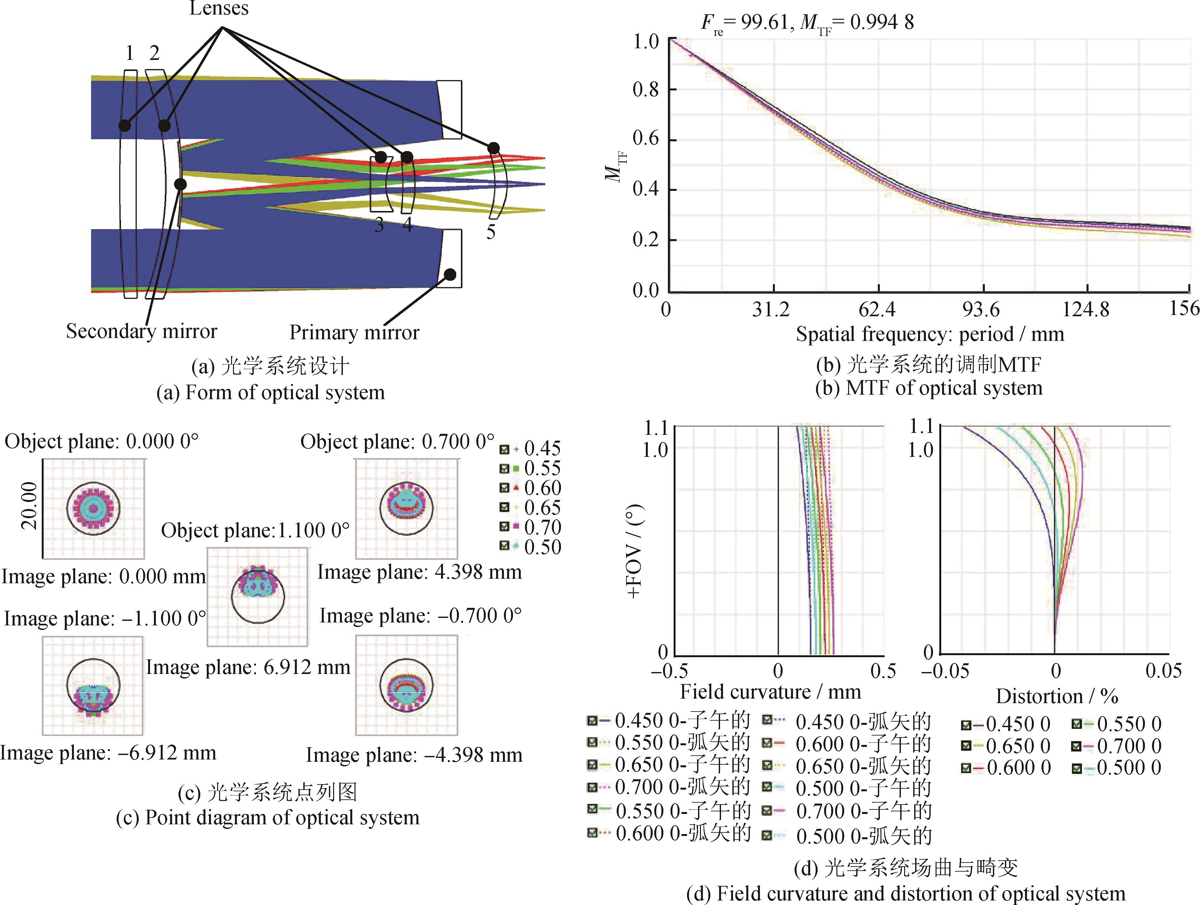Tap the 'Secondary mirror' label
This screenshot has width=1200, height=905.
tap(142, 331)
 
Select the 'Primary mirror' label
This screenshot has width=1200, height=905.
tap(354, 332)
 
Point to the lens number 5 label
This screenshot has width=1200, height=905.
tap(490, 232)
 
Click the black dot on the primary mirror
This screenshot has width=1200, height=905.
tap(450, 274)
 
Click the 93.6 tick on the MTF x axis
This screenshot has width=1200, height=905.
tap(981, 309)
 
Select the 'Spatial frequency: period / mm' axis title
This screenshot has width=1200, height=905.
tap(930, 334)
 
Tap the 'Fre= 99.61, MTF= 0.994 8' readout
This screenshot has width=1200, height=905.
tap(807, 23)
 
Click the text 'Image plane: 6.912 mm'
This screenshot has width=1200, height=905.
tap(248, 667)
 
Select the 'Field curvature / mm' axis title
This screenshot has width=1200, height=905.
tap(770, 692)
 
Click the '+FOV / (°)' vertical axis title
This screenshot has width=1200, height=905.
tap(635, 551)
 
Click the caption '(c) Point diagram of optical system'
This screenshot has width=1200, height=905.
tap(267, 818)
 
